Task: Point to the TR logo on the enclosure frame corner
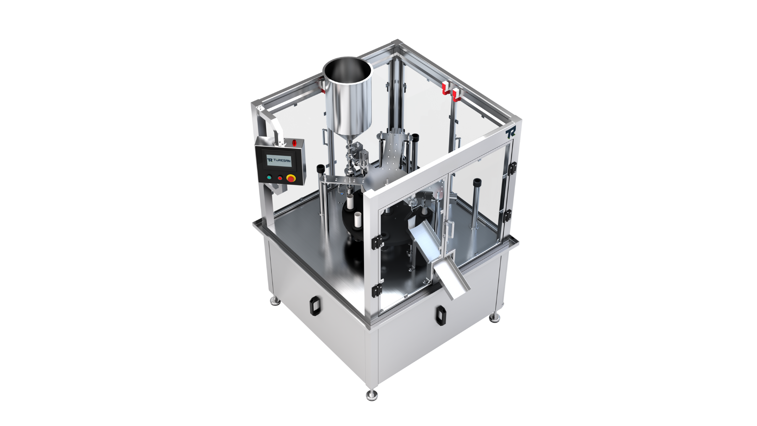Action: click(x=510, y=133)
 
